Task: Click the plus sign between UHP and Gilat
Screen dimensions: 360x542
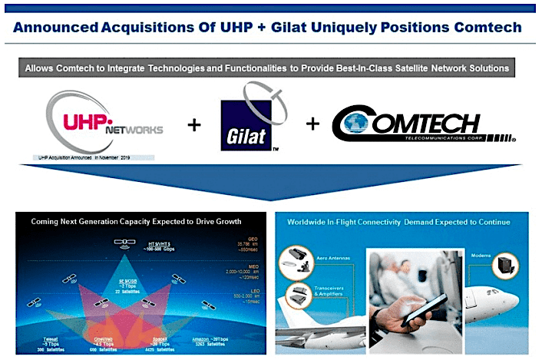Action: coord(195,124)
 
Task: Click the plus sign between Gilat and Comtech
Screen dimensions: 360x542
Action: coord(312,124)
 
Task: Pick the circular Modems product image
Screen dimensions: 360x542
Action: coord(504,265)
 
